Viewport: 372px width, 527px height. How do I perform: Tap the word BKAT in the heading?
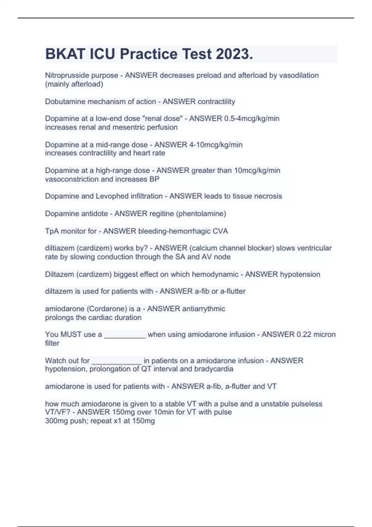pos(65,54)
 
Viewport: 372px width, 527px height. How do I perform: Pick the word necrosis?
pos(269,196)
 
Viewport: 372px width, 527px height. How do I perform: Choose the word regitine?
pos(162,214)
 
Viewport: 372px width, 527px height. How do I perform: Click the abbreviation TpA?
pos(52,231)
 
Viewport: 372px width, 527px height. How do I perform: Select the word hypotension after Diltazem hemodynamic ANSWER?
pos(300,274)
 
